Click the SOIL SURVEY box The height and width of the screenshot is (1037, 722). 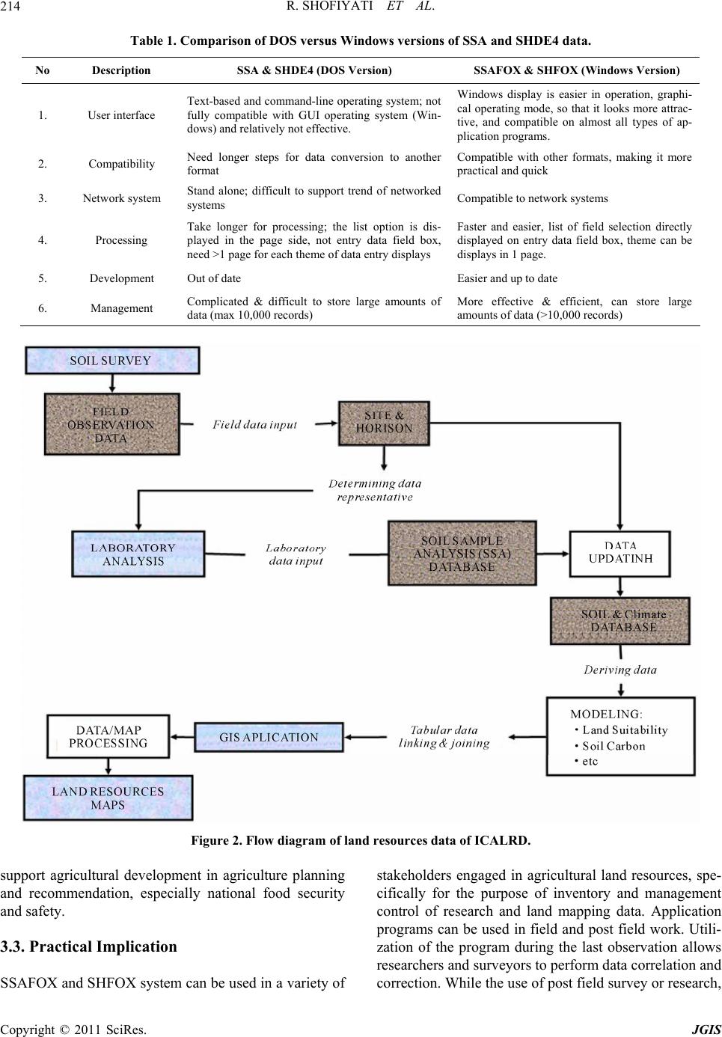[112, 361]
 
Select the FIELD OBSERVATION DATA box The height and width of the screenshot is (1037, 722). [112, 424]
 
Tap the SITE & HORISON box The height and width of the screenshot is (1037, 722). [384, 423]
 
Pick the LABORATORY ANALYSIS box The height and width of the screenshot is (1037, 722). [138, 554]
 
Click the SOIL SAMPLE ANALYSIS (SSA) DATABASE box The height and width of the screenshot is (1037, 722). [462, 553]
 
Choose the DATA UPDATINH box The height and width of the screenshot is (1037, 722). [619, 554]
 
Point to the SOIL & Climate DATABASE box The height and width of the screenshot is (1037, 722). [619, 621]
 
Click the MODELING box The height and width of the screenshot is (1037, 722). [621, 736]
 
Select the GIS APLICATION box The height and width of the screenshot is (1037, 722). [269, 737]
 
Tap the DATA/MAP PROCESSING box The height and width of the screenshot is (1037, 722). [108, 736]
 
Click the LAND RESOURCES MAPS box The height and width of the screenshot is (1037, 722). [108, 798]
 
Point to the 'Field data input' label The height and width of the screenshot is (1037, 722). [254, 424]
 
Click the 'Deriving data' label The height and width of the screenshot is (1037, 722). [619, 670]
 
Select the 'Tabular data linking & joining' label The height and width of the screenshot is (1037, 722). [444, 736]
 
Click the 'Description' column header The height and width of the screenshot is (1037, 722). [121, 70]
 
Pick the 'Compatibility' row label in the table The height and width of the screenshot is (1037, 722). [122, 164]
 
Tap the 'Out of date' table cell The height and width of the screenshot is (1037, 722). [214, 278]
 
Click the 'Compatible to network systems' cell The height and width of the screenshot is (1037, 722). [532, 198]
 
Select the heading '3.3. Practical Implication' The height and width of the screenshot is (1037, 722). [88, 946]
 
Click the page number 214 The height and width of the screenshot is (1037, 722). [10, 7]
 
